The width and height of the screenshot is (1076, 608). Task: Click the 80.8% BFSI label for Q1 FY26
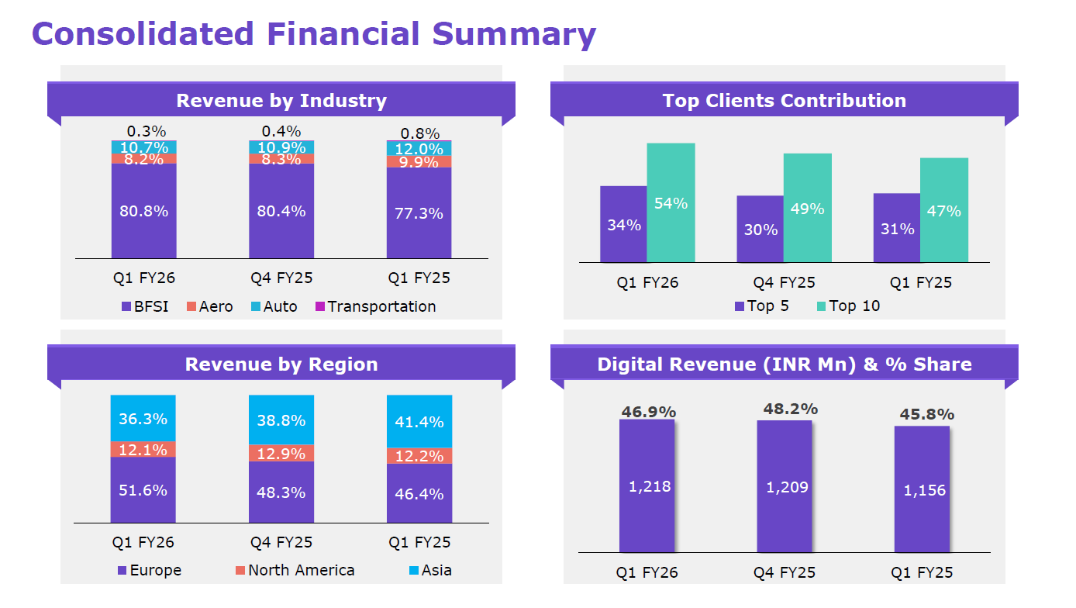point(143,211)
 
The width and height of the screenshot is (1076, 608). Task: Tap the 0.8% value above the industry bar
point(419,133)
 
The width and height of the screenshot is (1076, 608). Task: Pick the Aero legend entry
point(209,306)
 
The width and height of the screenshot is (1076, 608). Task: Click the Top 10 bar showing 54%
point(671,202)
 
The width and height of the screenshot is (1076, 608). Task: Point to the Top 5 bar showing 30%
point(760,229)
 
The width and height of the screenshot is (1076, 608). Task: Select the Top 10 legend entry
point(848,306)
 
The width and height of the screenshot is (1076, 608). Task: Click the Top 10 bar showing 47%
point(943,210)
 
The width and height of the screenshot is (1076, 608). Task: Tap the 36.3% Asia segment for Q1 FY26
point(143,419)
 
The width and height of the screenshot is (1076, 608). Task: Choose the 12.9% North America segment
point(281,454)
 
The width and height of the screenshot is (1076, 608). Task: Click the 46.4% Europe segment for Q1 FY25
point(419,493)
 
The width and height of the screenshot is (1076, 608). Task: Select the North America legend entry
point(295,570)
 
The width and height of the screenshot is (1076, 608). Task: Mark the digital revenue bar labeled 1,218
point(647,486)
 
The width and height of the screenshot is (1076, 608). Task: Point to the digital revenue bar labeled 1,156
point(922,489)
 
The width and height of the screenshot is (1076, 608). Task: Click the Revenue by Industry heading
point(281,101)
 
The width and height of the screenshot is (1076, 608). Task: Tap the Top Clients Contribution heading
point(784,101)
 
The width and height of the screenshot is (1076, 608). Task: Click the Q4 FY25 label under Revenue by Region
point(281,542)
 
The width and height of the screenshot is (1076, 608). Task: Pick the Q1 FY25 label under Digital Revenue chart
point(922,573)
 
